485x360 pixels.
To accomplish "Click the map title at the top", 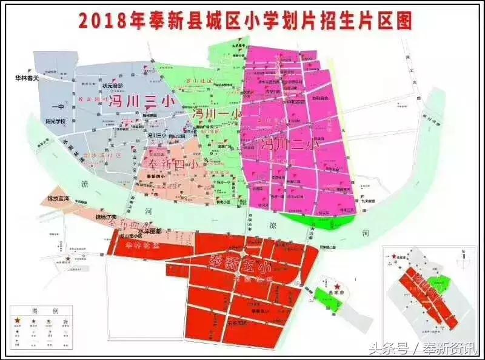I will (246, 19).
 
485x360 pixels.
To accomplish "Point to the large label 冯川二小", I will (287, 145).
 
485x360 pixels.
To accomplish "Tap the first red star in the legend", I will (18, 319).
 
